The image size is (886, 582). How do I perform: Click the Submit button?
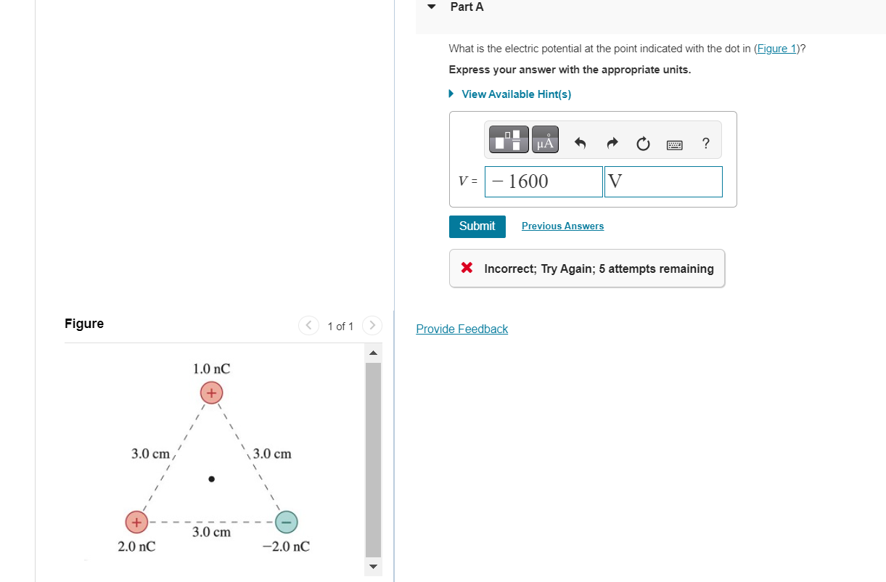click(477, 226)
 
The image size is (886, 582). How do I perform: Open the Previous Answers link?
click(562, 226)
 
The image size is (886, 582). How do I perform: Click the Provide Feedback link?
click(462, 329)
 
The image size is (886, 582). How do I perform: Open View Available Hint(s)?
click(516, 94)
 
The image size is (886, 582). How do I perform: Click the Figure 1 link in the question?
click(776, 49)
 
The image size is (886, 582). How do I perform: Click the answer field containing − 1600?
click(544, 181)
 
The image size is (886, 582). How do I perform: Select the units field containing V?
click(663, 181)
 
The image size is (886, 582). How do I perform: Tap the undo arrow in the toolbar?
click(580, 144)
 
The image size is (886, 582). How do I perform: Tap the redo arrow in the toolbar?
click(611, 144)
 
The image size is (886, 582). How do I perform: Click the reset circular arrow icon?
click(643, 144)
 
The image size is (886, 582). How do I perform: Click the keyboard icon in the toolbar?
click(674, 144)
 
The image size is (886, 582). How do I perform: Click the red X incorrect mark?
click(468, 269)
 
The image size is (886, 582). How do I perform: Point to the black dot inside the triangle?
click(211, 479)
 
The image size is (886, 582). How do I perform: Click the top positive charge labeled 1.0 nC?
click(211, 393)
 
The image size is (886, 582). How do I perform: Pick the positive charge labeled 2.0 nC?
click(136, 521)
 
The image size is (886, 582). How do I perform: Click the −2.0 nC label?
click(286, 546)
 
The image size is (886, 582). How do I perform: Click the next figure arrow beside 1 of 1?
click(371, 326)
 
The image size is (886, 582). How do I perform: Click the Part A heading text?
click(467, 7)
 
